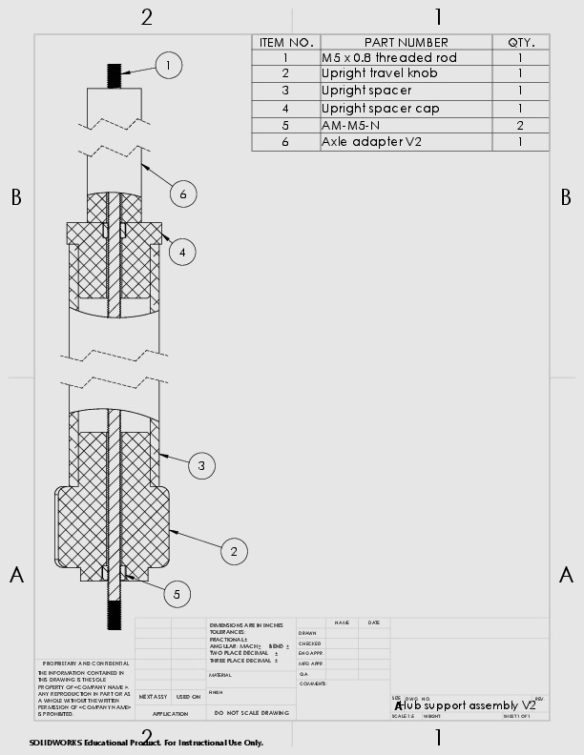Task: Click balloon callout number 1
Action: point(168,65)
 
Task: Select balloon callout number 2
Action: point(233,550)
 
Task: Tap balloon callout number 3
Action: point(200,465)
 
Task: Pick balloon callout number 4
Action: point(182,252)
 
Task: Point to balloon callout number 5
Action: point(177,594)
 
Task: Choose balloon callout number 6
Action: point(183,194)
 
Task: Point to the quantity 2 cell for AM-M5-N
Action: point(520,125)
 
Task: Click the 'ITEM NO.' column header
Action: point(286,42)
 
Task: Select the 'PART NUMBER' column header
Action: point(406,42)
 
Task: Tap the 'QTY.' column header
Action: point(520,42)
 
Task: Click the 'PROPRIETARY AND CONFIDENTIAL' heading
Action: point(85,663)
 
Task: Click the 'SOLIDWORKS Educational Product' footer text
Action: point(146,743)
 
